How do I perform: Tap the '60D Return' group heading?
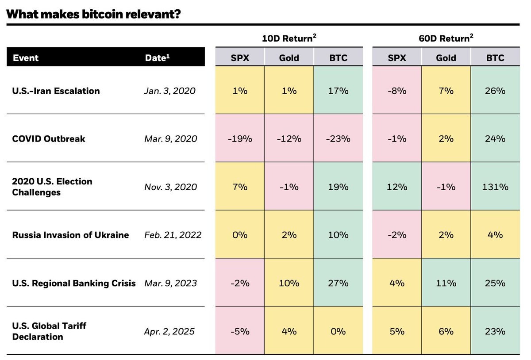point(446,38)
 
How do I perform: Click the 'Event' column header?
point(26,58)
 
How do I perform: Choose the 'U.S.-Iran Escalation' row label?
point(56,91)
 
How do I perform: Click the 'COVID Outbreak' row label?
point(49,139)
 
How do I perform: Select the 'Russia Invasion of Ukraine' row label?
point(71,234)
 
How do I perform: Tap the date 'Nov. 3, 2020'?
point(170,187)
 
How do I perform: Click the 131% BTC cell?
point(495,187)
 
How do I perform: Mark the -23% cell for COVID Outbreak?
point(338,139)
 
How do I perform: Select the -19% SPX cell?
point(240,139)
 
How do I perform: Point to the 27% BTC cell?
point(338,283)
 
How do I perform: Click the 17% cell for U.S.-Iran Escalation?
point(338,91)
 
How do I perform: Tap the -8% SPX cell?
point(397,91)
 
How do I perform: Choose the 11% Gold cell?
point(446,283)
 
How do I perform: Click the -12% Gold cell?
point(289,139)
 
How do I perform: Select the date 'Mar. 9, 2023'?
point(170,283)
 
